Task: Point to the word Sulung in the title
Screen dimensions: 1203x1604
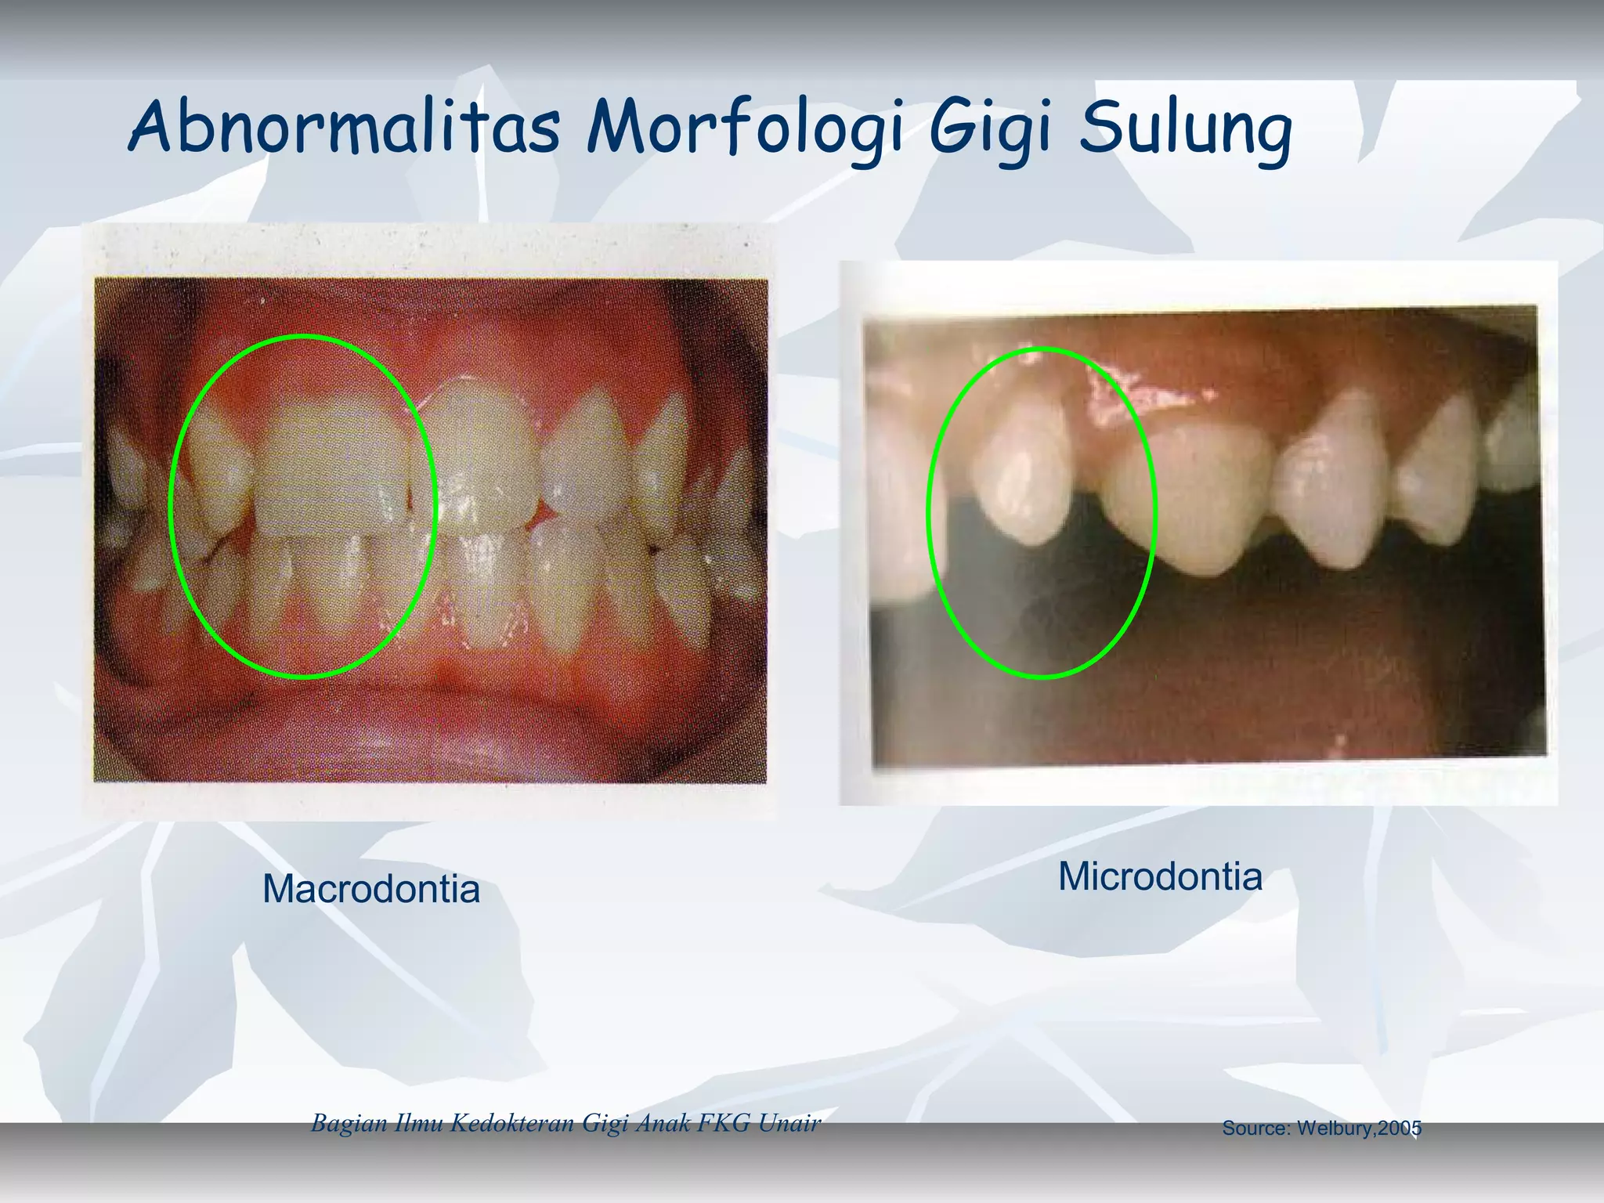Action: [1184, 129]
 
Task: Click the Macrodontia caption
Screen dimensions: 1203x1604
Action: [370, 889]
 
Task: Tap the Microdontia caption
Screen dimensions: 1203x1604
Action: [1160, 876]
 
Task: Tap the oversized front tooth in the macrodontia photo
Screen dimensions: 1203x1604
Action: [333, 470]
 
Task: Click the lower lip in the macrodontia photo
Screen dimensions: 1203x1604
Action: [431, 728]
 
